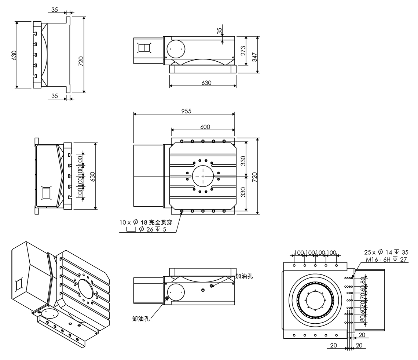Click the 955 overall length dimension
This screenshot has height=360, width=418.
[186, 111]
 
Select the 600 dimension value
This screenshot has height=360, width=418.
[205, 127]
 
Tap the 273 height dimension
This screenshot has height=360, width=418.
[243, 51]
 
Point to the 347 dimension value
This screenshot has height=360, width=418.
[255, 57]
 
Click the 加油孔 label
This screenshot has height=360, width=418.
[244, 276]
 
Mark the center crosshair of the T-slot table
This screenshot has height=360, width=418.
[202, 176]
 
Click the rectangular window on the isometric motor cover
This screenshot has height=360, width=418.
[19, 284]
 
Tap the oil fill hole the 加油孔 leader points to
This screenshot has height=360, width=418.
[212, 286]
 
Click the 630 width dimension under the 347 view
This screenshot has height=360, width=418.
[206, 83]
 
